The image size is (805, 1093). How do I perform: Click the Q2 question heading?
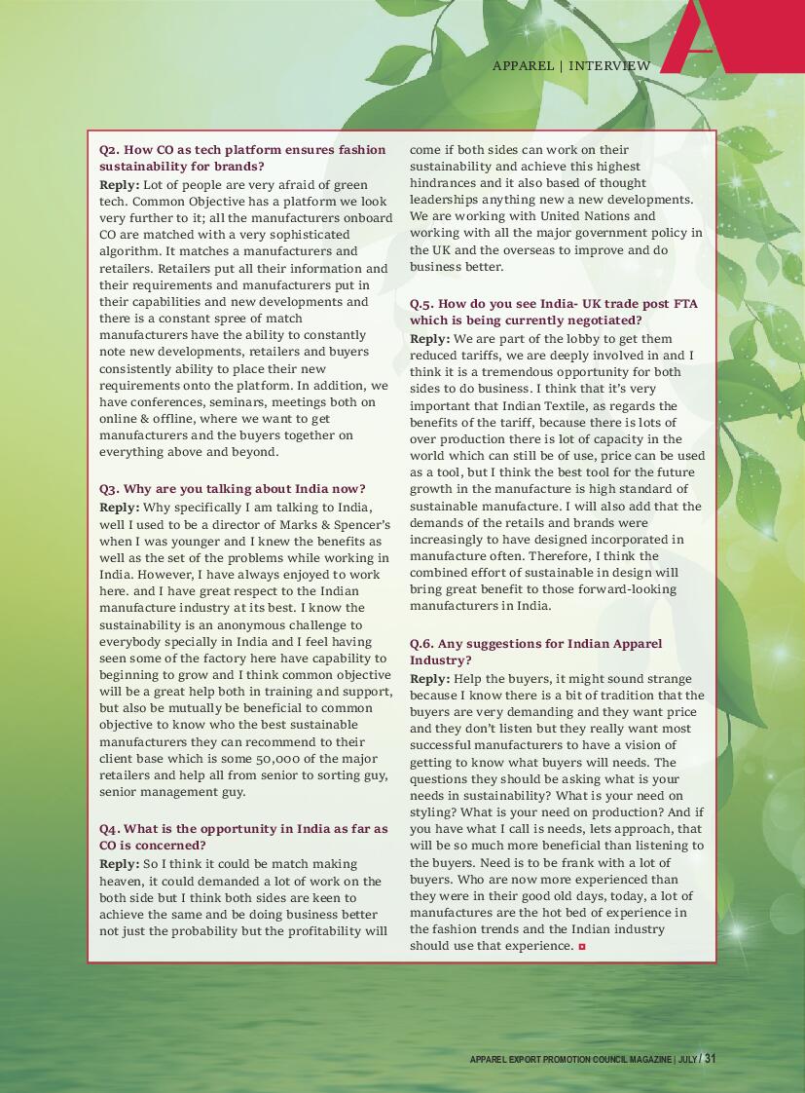[x=242, y=159]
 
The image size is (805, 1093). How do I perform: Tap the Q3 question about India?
[x=233, y=488]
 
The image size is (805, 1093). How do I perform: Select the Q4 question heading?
[x=243, y=837]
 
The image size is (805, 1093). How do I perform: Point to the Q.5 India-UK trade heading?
[x=553, y=312]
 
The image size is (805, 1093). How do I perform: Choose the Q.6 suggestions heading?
[x=535, y=652]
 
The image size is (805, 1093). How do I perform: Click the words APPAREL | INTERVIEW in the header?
[x=571, y=65]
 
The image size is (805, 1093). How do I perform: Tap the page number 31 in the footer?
[x=710, y=1059]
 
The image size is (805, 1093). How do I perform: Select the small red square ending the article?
[x=582, y=946]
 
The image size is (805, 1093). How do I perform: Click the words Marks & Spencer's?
[x=326, y=524]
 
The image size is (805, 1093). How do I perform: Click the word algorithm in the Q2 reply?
[x=131, y=251]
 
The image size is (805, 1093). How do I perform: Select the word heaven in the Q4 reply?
[x=126, y=881]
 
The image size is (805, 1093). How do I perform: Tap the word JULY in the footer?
[x=687, y=1060]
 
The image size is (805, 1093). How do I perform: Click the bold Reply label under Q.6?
[x=429, y=679]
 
